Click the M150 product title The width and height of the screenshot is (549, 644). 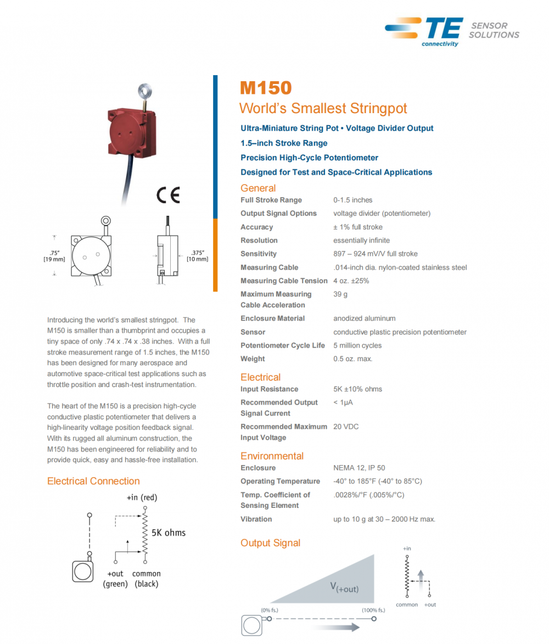click(266, 88)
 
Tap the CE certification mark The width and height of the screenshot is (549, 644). click(168, 195)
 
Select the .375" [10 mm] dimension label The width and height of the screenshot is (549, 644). click(197, 255)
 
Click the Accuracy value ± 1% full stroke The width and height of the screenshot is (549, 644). click(358, 227)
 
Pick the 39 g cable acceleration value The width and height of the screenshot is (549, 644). click(340, 294)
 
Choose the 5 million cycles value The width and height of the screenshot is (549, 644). click(357, 345)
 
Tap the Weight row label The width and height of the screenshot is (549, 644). click(253, 359)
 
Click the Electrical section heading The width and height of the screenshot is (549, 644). click(260, 377)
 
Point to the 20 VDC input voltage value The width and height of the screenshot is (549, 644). click(346, 427)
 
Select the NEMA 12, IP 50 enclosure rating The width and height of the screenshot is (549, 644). click(359, 468)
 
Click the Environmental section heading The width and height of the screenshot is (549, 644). click(272, 456)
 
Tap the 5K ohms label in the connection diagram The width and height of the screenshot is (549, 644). click(169, 533)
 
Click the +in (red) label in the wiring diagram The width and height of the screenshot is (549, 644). click(142, 497)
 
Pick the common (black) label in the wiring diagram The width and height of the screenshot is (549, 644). click(147, 579)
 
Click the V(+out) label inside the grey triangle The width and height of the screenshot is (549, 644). click(344, 587)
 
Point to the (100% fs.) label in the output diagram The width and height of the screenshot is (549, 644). click(373, 610)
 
